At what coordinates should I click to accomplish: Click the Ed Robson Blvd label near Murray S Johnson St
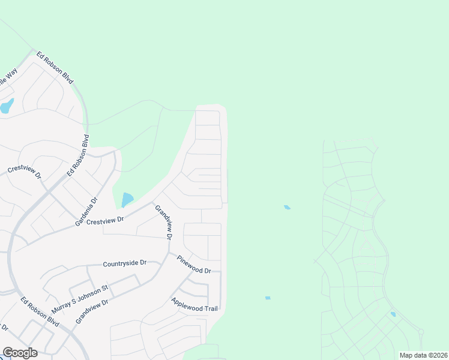coord(40,311)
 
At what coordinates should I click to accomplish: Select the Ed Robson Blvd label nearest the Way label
coord(55,67)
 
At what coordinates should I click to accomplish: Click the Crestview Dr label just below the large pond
coord(105,221)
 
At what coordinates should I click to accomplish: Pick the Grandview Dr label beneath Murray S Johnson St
coord(91,312)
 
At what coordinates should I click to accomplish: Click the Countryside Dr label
coord(125,263)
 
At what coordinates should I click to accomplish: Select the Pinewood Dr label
coord(194,263)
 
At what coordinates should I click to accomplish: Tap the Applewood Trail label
coord(193,304)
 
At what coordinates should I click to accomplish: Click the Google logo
coord(20,353)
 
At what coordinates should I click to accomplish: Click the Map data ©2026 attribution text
coord(423,355)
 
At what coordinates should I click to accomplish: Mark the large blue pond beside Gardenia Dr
coord(127,199)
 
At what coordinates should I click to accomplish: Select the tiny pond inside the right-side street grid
coord(393,314)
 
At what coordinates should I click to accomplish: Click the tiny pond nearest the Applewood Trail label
coord(268,298)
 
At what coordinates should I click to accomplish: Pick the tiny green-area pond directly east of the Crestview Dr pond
coord(287,208)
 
